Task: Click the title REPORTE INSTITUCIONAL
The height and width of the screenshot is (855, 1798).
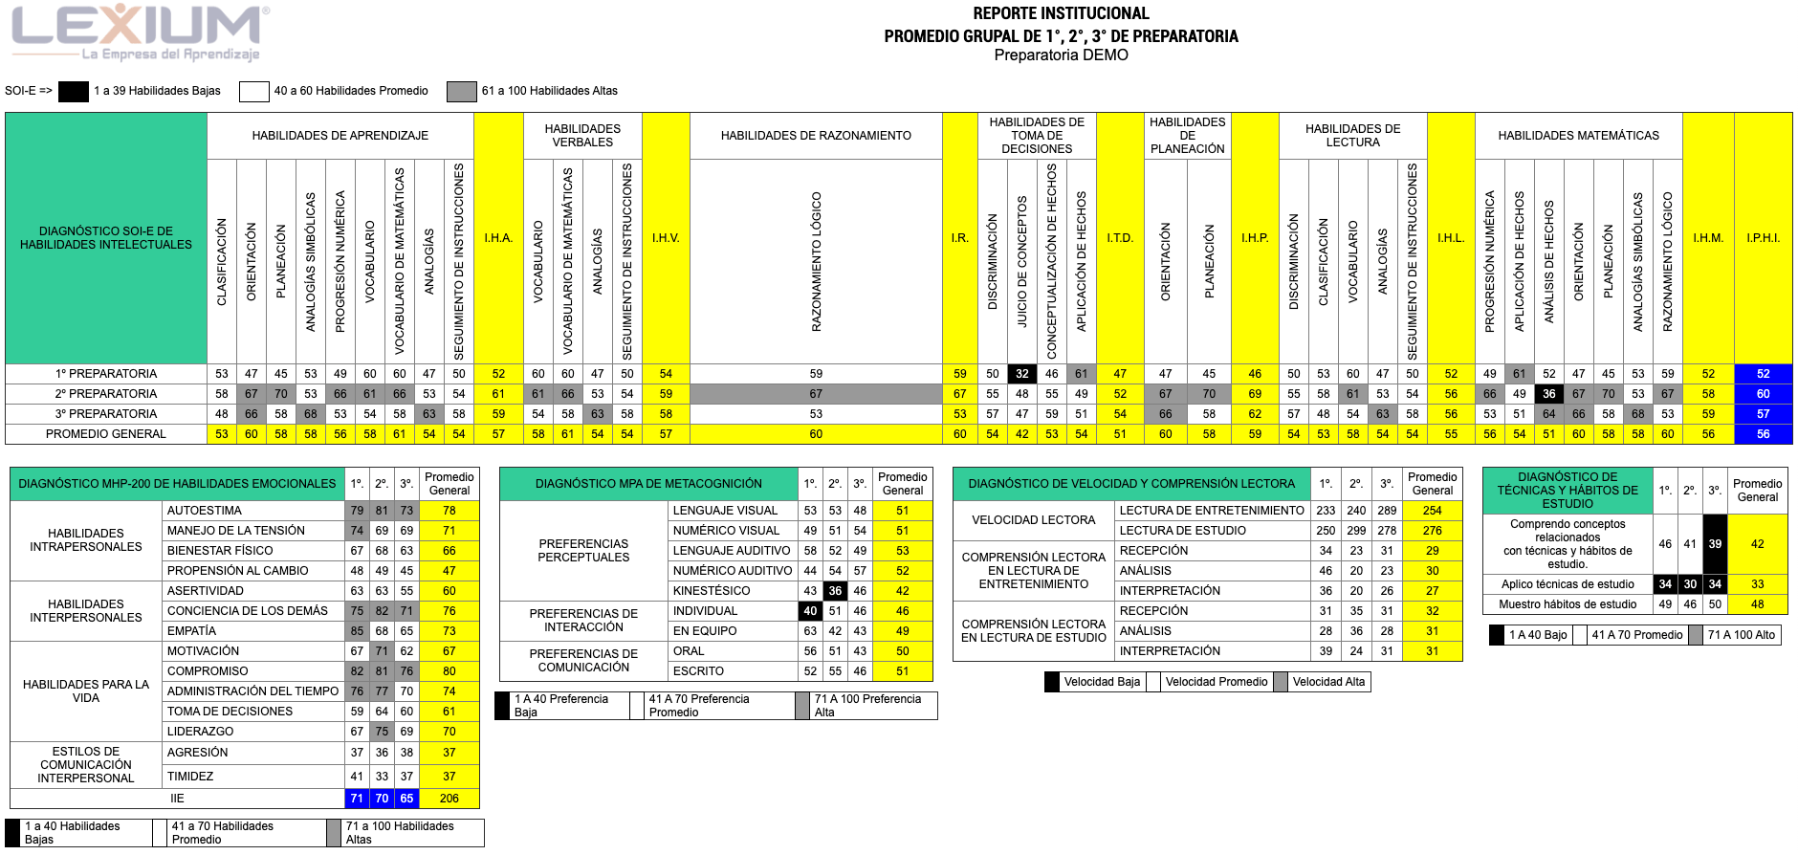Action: (1061, 13)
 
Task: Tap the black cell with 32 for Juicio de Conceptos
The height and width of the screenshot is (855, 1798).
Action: (1022, 374)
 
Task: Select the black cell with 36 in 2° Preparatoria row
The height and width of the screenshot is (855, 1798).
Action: (1549, 394)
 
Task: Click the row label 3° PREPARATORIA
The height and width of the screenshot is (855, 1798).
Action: (106, 414)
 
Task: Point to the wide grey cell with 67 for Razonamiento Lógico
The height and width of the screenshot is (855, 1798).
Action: (816, 394)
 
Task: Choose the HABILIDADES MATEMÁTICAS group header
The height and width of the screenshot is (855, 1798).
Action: (1578, 136)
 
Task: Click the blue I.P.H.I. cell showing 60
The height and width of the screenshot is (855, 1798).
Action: (1763, 394)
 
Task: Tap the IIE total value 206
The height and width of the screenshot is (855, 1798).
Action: (449, 799)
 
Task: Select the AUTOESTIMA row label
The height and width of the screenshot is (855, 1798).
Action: (205, 511)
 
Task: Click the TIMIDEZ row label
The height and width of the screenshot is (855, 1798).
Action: (190, 777)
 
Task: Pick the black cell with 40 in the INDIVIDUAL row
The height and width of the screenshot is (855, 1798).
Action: (810, 611)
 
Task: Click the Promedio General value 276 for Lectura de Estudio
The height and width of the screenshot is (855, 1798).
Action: (1432, 531)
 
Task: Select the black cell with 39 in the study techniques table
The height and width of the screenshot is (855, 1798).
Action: (1715, 544)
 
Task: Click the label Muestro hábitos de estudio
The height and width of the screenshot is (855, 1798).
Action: (1568, 604)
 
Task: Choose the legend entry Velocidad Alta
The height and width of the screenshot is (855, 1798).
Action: (1328, 682)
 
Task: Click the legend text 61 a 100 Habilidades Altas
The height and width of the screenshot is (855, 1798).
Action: (549, 91)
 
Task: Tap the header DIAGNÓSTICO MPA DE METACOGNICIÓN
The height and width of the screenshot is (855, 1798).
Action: (648, 484)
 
